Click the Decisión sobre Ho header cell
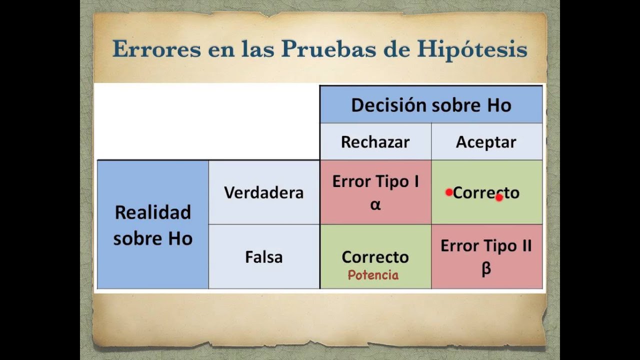click(x=431, y=105)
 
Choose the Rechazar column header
click(x=375, y=142)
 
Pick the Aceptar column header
click(x=486, y=142)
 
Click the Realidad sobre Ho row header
click(x=152, y=225)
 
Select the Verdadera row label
click(x=263, y=192)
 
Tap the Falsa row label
click(x=263, y=257)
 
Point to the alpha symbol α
click(x=375, y=204)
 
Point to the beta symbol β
click(x=486, y=269)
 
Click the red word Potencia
click(x=373, y=275)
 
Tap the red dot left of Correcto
click(x=449, y=192)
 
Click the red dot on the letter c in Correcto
click(x=499, y=197)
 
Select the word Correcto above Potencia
click(x=375, y=257)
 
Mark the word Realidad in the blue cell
click(x=152, y=212)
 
